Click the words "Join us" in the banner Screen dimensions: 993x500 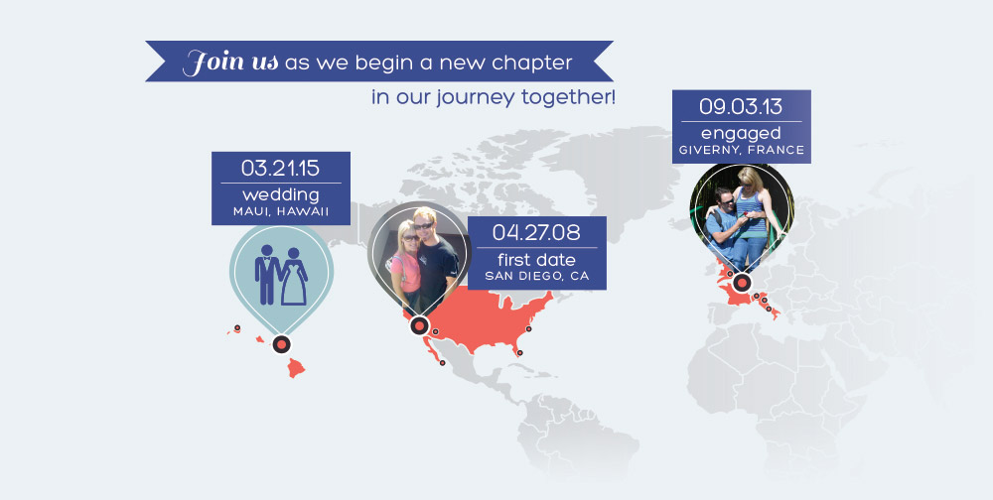(230, 62)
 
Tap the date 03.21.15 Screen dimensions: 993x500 (281, 168)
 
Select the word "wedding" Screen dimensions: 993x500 (281, 194)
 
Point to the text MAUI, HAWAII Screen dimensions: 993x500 (281, 211)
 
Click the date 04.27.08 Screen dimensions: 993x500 (536, 232)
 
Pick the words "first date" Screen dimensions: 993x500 (536, 260)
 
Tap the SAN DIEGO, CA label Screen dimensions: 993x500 (536, 276)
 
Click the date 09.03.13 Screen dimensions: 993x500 (741, 106)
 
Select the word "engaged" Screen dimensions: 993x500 (741, 134)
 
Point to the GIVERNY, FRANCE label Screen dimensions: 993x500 (742, 151)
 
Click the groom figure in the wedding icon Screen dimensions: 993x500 (267, 274)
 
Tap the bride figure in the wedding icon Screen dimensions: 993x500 (294, 277)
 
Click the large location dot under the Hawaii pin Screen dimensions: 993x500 (282, 345)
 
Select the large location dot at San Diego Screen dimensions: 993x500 (419, 325)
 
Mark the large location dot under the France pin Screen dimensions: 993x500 (742, 283)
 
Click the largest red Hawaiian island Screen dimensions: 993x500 (296, 367)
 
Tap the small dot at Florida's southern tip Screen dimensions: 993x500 (520, 352)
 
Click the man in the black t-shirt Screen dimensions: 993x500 (436, 260)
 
